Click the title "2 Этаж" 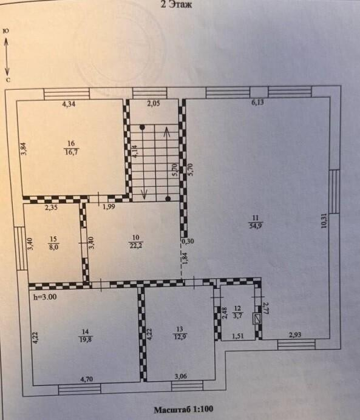point(176,4)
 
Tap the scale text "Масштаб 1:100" point(183,409)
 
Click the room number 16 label point(71,144)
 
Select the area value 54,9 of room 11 point(256,226)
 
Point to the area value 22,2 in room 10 point(136,245)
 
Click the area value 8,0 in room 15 point(53,246)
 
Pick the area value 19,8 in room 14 point(86,340)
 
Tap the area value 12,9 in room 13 point(180,336)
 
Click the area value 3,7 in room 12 point(237,316)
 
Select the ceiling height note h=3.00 point(44,297)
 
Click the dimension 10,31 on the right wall point(324,220)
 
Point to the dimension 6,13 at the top point(257,103)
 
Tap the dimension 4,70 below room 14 point(87,379)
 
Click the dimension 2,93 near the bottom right point(295,334)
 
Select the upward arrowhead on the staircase point(166,131)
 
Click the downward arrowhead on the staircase point(144,194)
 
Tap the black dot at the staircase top point(142,127)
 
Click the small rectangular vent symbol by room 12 point(258,319)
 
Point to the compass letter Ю point(5,31)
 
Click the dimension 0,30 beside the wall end point(188,241)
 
